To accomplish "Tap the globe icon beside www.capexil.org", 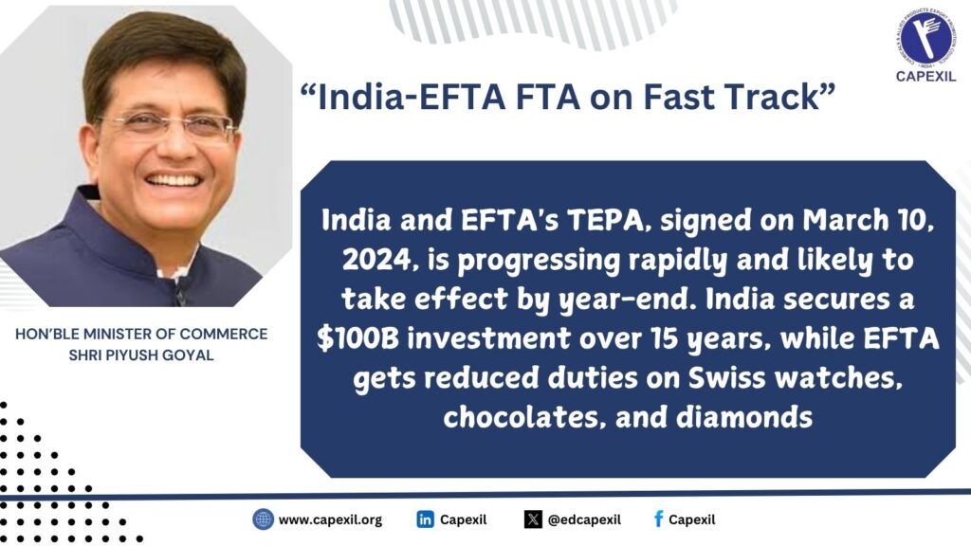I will point(263,519).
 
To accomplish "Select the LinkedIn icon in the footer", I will point(426,519).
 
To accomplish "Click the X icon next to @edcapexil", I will point(533,519).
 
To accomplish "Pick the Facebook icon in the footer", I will point(657,519).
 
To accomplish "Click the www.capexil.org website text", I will point(330,519).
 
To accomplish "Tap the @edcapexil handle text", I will point(585,519).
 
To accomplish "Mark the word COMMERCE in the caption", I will point(226,335).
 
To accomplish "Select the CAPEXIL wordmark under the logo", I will point(925,76).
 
